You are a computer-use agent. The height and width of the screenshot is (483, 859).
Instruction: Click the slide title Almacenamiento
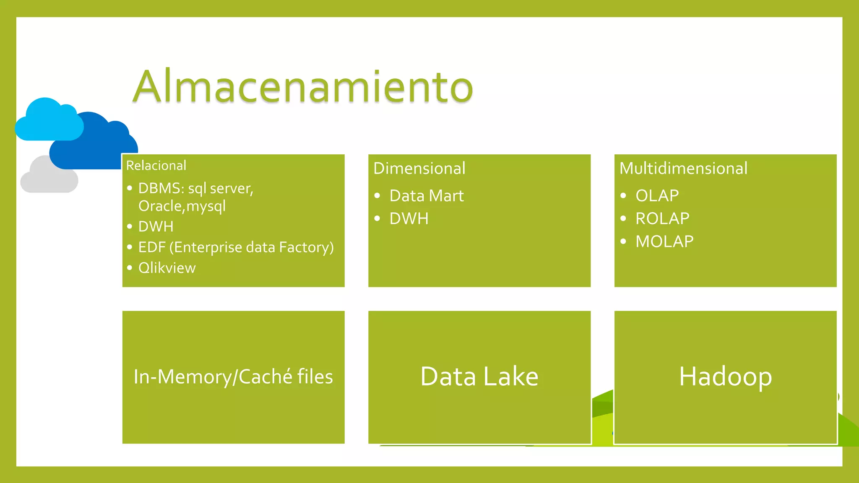(303, 87)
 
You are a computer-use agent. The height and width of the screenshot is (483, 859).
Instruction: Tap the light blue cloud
(48, 122)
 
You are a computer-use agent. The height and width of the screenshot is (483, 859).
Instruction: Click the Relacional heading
(156, 166)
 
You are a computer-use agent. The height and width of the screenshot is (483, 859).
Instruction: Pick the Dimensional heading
(419, 168)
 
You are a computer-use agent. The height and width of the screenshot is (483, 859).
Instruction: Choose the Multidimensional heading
(683, 168)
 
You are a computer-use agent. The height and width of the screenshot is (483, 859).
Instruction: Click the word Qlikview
(167, 268)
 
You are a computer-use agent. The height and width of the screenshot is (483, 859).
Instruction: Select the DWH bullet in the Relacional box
(156, 226)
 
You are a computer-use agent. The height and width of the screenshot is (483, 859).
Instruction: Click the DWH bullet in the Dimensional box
(409, 218)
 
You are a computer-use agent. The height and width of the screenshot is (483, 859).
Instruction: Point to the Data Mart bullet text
(427, 196)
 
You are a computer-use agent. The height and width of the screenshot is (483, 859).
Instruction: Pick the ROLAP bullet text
(662, 218)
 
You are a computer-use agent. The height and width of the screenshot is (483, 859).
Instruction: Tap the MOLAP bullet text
(664, 241)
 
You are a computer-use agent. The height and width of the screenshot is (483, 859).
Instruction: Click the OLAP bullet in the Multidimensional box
(657, 196)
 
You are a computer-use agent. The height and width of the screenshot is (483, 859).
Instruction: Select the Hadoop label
(725, 377)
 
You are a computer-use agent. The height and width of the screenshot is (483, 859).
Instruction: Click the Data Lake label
(479, 377)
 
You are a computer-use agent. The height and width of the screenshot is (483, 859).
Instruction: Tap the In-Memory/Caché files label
(233, 377)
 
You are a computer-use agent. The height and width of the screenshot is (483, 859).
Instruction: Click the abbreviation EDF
(152, 247)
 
